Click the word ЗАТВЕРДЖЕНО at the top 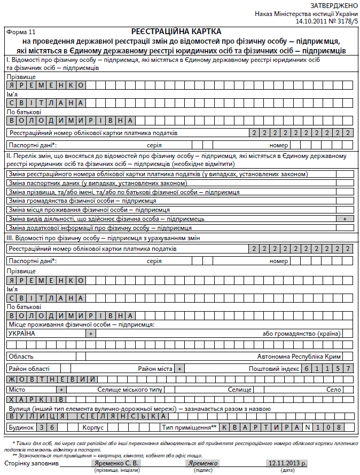coord(330,5)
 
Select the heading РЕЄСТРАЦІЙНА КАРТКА coord(176,32)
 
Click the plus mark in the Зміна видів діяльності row coord(345,219)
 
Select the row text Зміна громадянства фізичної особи coord(82,201)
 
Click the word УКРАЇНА coord(21,333)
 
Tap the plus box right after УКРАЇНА coord(91,333)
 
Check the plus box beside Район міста coord(180,369)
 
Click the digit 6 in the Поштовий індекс coord(307,369)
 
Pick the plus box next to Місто coord(61,390)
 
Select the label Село coord(334,390)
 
